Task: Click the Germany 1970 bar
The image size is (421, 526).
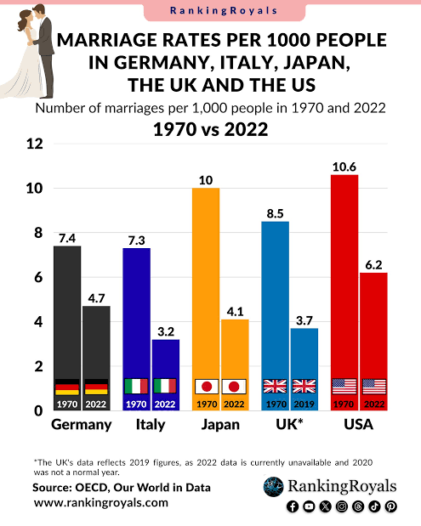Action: [x=67, y=328]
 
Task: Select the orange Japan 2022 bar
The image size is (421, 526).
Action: [x=235, y=365]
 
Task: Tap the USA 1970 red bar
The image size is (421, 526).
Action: [x=344, y=292]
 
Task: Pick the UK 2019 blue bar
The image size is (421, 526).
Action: [x=304, y=369]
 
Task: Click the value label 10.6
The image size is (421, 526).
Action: [x=344, y=167]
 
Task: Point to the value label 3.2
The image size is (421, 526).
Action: [x=166, y=331]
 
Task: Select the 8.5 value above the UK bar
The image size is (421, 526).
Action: [x=275, y=213]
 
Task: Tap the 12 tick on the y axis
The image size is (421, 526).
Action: [x=35, y=144]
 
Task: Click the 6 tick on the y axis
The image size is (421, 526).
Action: [x=38, y=277]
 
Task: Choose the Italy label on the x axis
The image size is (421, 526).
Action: [x=151, y=424]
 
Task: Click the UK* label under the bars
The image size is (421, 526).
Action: [x=289, y=424]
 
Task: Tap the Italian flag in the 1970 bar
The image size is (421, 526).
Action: [x=136, y=386]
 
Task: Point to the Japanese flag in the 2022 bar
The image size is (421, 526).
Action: [x=234, y=387]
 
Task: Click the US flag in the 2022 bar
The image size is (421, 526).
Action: [x=374, y=387]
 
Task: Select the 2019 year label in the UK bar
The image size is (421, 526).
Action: [x=304, y=404]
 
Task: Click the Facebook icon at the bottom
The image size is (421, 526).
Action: [x=293, y=506]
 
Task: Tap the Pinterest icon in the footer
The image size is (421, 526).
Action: [x=390, y=506]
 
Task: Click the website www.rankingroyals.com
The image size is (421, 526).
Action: [x=100, y=502]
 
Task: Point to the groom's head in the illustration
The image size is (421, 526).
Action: [x=38, y=10]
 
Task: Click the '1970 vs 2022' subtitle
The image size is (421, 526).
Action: [x=211, y=129]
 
